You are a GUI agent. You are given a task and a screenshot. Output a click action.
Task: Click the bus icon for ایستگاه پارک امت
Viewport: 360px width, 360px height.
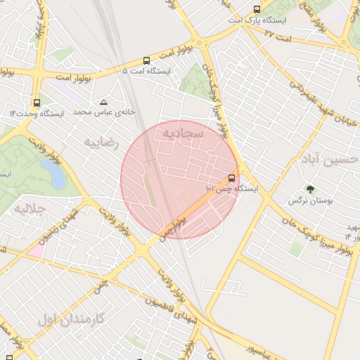257,10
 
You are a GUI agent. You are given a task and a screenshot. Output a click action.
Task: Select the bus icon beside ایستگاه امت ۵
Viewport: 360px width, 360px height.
146,60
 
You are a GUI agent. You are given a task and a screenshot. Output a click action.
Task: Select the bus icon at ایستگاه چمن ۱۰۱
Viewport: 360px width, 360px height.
232,178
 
